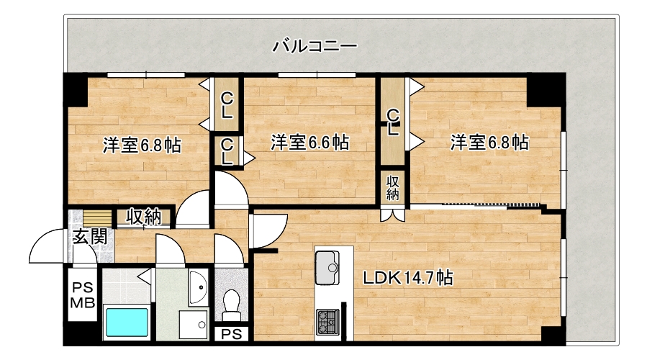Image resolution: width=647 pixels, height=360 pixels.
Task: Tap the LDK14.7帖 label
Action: coord(407,278)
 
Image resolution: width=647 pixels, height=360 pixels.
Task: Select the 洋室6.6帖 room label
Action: coord(309,143)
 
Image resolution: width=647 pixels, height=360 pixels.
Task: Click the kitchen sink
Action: coord(327,268)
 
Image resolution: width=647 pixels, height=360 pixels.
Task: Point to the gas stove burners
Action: coord(327,322)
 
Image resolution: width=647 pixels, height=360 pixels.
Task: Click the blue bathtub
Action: coord(127,322)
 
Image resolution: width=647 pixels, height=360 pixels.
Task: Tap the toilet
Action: coord(231,305)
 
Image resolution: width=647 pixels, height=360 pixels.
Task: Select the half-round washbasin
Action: coord(198,287)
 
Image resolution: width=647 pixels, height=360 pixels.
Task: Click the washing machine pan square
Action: coord(194,325)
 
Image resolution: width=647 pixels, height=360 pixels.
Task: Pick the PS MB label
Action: coord(83,295)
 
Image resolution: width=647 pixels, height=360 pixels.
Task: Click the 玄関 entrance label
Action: coord(91,237)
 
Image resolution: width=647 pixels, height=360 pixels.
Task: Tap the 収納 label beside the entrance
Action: coord(144,216)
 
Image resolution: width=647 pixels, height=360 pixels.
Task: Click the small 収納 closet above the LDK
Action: coord(392,188)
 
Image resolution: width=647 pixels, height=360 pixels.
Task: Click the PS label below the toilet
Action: coord(232,334)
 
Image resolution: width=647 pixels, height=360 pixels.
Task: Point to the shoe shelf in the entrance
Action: coord(98,217)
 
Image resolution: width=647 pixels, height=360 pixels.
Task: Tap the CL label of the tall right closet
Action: coord(393,122)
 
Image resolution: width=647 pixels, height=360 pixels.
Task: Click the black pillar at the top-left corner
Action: coord(75,89)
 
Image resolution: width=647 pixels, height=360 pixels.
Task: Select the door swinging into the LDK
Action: coord(269,231)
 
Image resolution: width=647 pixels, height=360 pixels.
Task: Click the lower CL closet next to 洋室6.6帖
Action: coord(227,151)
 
